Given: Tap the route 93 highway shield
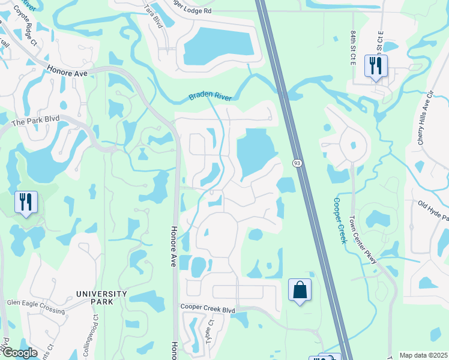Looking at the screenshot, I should tap(297, 163).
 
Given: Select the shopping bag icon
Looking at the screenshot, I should tap(300, 290).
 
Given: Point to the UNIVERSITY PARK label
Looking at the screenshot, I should tap(101, 298).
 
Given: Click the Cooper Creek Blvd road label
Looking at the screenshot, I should tap(208, 308).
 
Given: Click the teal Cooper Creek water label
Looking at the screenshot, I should tap(340, 220).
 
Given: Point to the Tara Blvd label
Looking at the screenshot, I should tap(154, 14).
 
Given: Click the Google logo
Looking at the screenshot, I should tap(19, 353).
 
